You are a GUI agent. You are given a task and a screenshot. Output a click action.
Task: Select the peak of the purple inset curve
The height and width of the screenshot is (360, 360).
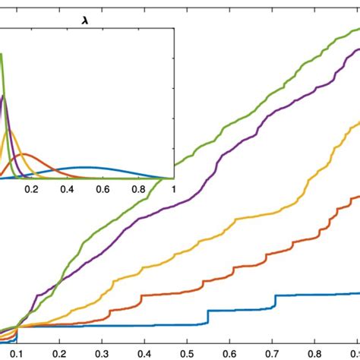point(4,96)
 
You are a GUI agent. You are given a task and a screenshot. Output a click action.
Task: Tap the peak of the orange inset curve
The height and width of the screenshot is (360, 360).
point(25,155)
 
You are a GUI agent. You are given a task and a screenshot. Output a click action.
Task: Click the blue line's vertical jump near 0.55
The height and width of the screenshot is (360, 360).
point(207,317)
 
